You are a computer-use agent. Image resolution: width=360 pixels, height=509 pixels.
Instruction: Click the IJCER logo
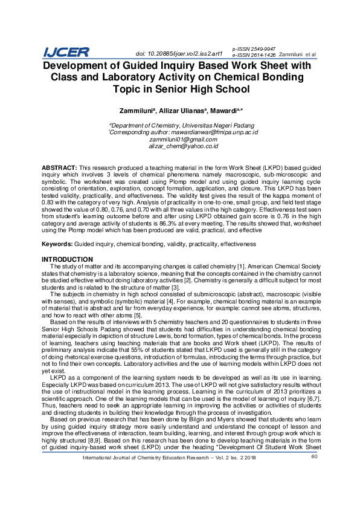point(66,53)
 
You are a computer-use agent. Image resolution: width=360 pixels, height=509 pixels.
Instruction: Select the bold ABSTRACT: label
point(59,166)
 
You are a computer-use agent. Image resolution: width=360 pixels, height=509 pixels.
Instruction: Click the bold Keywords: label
point(57,244)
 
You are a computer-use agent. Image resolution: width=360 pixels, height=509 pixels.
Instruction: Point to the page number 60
point(314,490)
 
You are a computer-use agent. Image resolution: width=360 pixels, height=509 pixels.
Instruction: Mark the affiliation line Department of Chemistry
point(179,125)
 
